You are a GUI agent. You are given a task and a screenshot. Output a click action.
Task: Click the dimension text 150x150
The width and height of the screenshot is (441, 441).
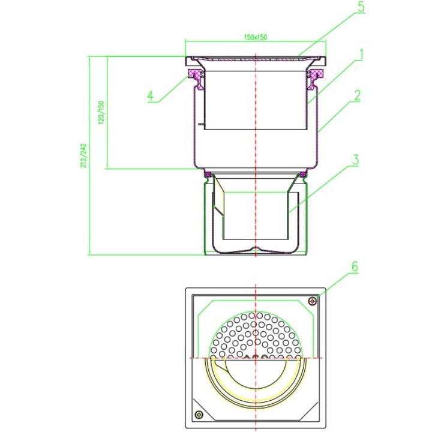(256, 37)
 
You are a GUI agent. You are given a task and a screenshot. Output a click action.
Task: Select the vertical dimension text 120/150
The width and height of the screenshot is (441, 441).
(101, 112)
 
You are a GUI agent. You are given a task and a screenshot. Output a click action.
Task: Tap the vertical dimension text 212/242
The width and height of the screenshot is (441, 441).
(84, 156)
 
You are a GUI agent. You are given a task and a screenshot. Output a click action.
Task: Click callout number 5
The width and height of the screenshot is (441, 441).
(361, 7)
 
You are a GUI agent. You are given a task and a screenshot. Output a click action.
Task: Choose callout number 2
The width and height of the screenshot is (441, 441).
(357, 95)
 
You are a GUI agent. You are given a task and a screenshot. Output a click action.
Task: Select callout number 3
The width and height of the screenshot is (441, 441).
(356, 160)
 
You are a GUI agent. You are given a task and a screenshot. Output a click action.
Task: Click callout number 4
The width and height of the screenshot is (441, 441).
(151, 96)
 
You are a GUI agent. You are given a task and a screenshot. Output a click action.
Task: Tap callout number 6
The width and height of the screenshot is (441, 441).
(355, 266)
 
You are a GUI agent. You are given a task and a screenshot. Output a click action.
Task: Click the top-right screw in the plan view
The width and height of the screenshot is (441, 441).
(313, 301)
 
